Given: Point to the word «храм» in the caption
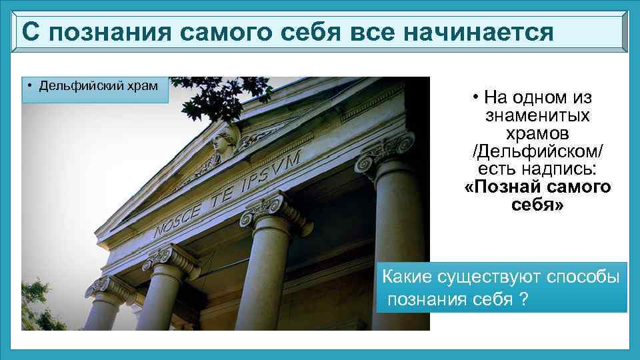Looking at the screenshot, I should [x=143, y=85].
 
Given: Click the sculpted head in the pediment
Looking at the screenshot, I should [x=224, y=139].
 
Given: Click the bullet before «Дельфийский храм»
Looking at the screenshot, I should [x=30, y=85].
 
